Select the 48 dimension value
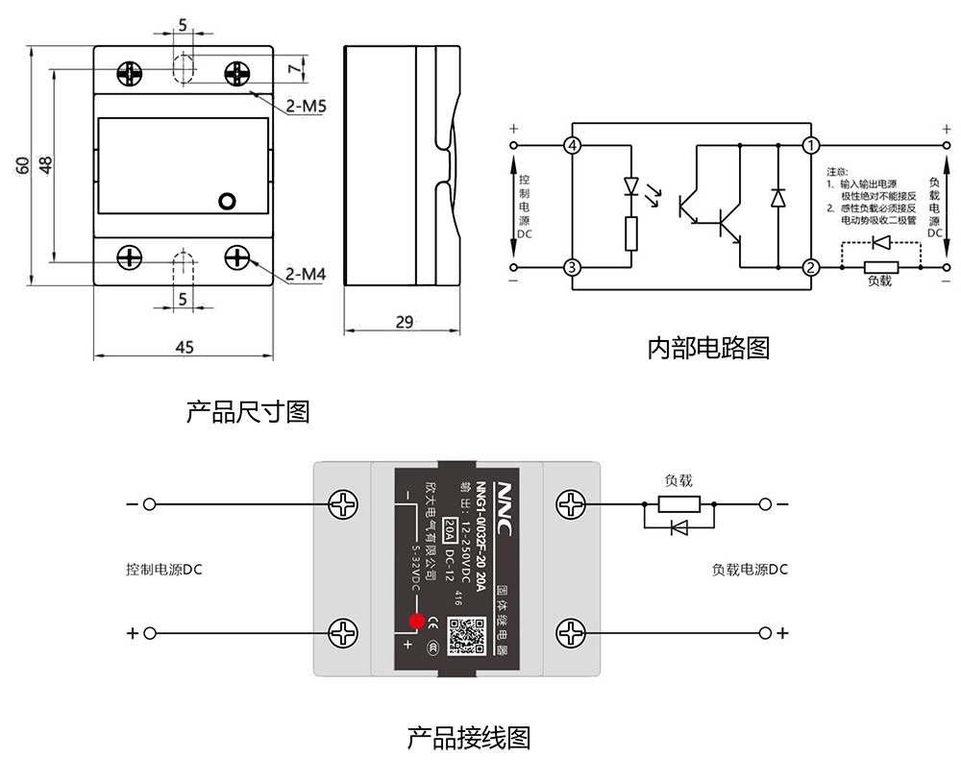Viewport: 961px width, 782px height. [44, 164]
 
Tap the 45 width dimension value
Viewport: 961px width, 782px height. [184, 347]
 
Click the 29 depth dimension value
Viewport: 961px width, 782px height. [405, 323]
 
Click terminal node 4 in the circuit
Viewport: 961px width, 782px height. [573, 146]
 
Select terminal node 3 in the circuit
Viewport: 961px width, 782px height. [573, 267]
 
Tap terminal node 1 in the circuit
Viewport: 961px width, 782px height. [812, 146]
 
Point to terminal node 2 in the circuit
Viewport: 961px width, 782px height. [812, 267]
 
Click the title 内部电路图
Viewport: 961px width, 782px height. [708, 347]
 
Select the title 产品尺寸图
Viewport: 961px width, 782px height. [248, 412]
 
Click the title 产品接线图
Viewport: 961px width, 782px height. [469, 738]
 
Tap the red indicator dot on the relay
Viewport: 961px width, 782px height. [416, 621]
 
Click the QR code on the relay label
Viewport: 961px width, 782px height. [466, 632]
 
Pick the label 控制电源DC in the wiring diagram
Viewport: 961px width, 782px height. [164, 569]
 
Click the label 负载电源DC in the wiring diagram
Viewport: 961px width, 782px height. [750, 569]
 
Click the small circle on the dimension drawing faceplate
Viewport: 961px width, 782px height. [227, 201]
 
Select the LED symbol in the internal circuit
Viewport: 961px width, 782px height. [631, 185]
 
